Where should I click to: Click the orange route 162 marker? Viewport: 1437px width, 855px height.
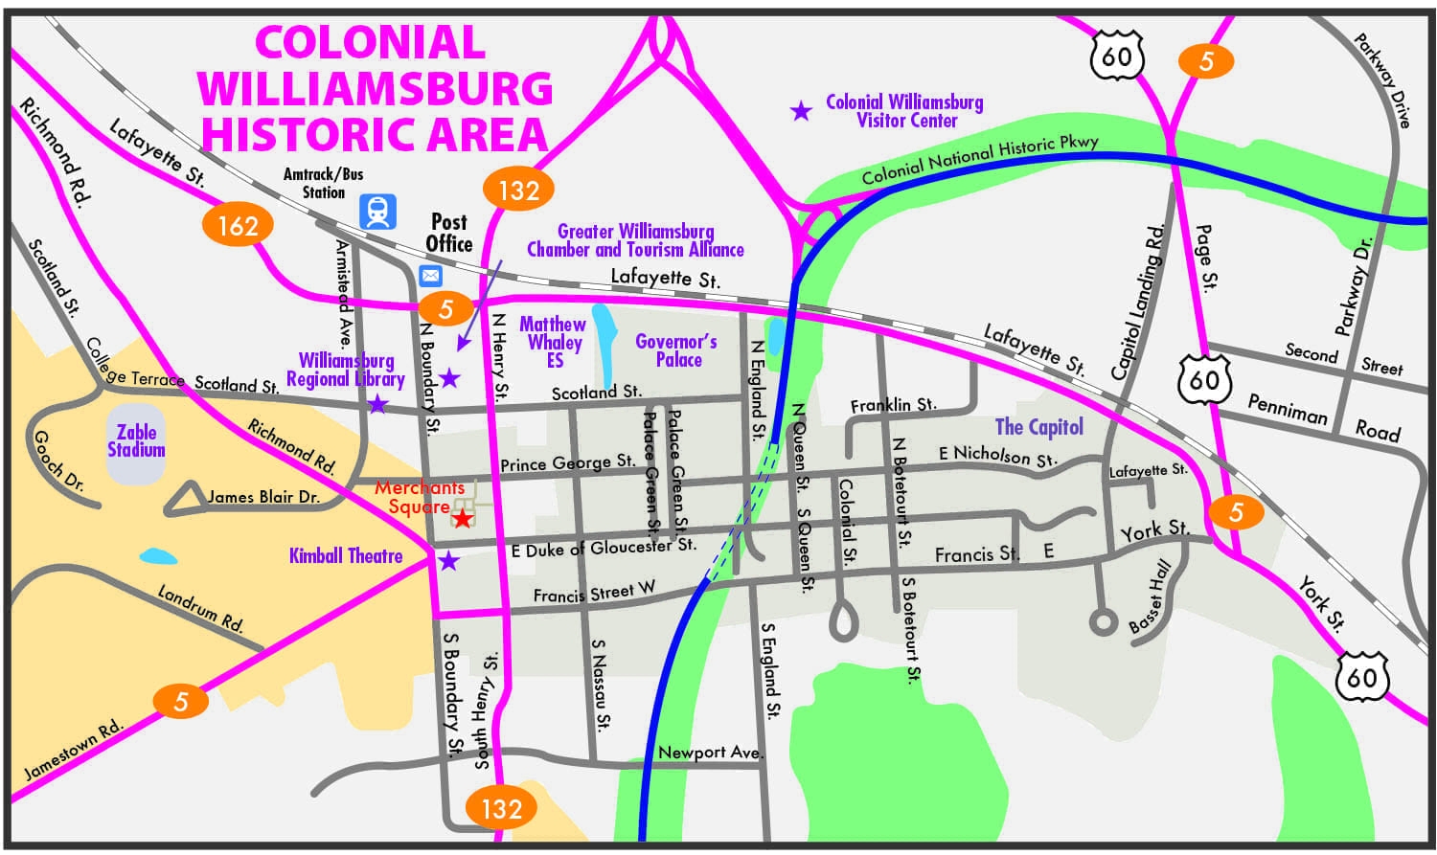click(238, 225)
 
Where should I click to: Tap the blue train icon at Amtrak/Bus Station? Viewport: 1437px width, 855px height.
click(377, 211)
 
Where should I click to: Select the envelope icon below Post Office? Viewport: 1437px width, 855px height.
click(430, 276)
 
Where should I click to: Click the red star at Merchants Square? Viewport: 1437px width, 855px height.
click(462, 519)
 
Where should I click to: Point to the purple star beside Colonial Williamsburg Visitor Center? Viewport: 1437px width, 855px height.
click(800, 111)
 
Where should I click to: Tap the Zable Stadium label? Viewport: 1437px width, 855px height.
click(136, 441)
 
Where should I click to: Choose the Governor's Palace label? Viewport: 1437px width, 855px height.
click(676, 350)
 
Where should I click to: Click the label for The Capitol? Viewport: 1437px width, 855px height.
click(1038, 427)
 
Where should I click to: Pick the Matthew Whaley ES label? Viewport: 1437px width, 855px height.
click(553, 342)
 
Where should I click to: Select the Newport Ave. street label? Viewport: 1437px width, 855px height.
click(710, 753)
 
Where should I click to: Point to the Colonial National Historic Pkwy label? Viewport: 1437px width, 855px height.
click(979, 160)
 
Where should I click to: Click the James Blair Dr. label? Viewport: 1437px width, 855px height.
click(263, 497)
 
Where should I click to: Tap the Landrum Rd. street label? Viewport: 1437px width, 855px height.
click(201, 609)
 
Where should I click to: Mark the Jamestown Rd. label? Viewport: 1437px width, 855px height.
click(74, 750)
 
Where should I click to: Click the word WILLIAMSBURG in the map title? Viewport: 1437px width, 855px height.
click(375, 89)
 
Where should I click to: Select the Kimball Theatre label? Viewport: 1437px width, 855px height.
click(346, 555)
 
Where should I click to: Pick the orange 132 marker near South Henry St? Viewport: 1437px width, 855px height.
click(501, 809)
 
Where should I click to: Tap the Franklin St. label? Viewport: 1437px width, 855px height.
click(893, 406)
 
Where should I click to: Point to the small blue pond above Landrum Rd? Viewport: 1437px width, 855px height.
click(158, 556)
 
